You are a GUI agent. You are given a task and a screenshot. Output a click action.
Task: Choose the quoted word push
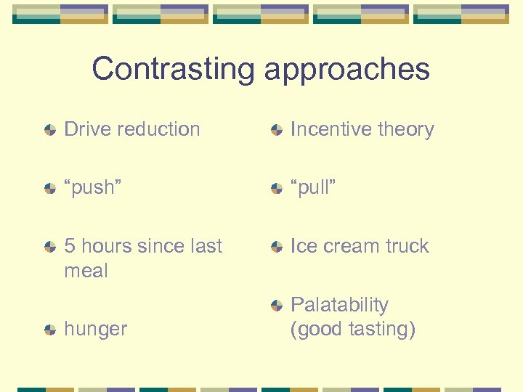coord(93,188)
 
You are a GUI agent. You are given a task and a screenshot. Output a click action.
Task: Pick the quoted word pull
coord(313,187)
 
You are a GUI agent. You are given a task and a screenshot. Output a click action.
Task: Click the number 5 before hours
coord(70,246)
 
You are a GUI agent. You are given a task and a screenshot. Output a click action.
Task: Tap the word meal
coord(86,271)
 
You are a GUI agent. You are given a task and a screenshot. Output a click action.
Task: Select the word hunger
coord(95,330)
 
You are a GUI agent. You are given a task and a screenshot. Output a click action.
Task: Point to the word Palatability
coord(339,305)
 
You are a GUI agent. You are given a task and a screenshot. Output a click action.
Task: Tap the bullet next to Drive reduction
coord(50,130)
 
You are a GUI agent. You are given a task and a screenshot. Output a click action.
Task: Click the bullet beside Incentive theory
coord(276,130)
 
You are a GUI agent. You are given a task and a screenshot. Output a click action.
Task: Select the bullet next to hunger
coord(50,330)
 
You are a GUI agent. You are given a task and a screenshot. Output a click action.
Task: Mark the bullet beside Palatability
coord(276,305)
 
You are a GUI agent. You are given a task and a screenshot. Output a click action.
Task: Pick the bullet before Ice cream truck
coord(276,247)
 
